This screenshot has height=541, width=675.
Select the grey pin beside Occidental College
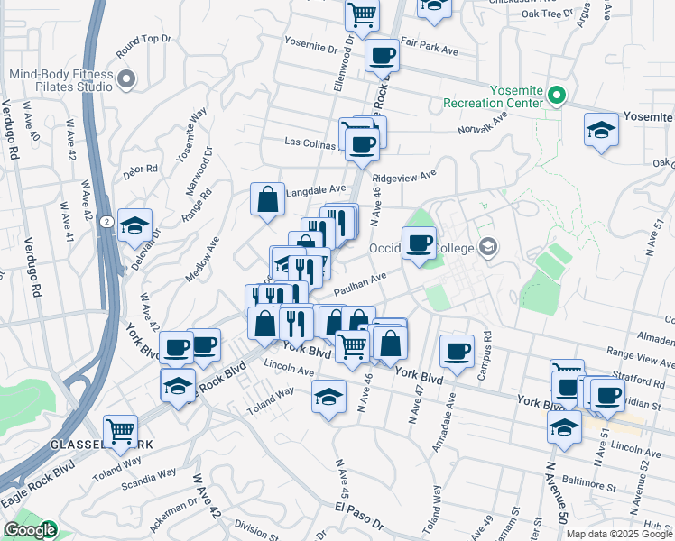tap(488, 247)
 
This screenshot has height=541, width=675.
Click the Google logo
tap(30, 530)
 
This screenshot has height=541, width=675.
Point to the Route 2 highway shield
tap(106, 221)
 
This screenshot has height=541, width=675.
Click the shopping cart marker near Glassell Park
tap(120, 431)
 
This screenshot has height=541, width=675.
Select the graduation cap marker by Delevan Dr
tap(135, 225)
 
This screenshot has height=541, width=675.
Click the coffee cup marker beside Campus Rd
tap(457, 350)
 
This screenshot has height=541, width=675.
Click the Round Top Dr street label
tap(143, 40)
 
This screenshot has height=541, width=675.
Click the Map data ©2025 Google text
tap(618, 534)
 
